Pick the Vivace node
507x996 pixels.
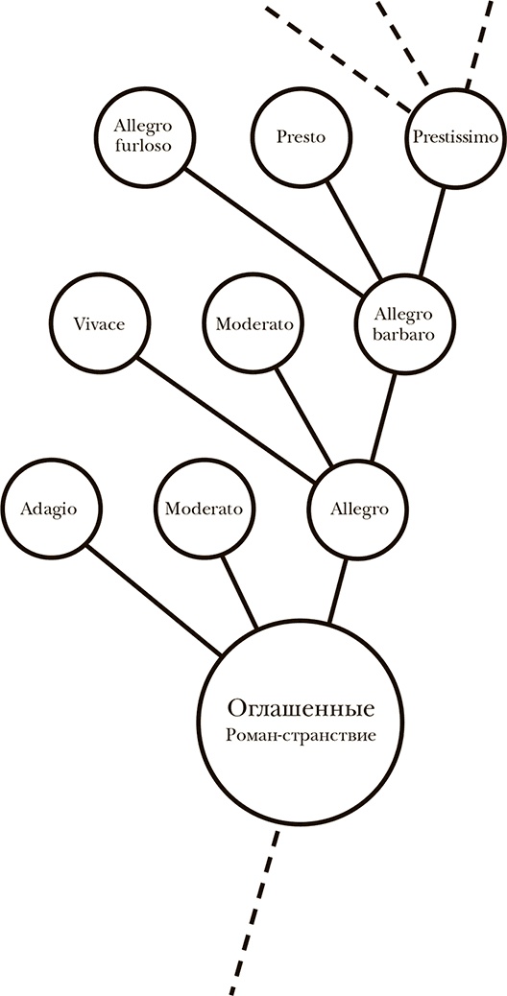click(98, 323)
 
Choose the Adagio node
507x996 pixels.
click(48, 509)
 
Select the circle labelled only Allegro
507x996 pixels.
click(359, 509)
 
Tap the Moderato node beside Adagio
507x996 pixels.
click(204, 509)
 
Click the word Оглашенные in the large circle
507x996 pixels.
click(301, 710)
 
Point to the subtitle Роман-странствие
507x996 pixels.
click(301, 737)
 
